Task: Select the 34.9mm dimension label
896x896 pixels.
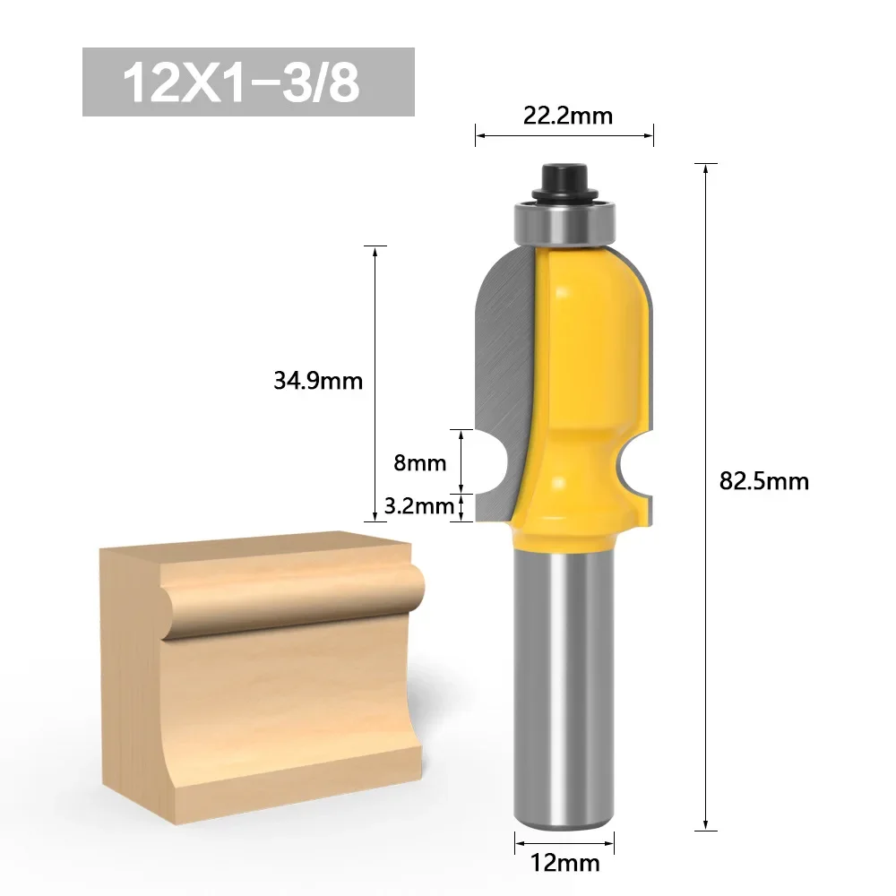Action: pos(318,381)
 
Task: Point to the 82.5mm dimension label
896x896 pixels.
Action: pos(763,481)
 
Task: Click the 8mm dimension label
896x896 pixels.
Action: pos(419,463)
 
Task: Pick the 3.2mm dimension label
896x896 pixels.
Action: pos(418,507)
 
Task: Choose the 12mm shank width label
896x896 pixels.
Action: pos(564,865)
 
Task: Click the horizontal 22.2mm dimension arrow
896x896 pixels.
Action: pos(564,136)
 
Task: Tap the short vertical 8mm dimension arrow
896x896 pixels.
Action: pos(461,461)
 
